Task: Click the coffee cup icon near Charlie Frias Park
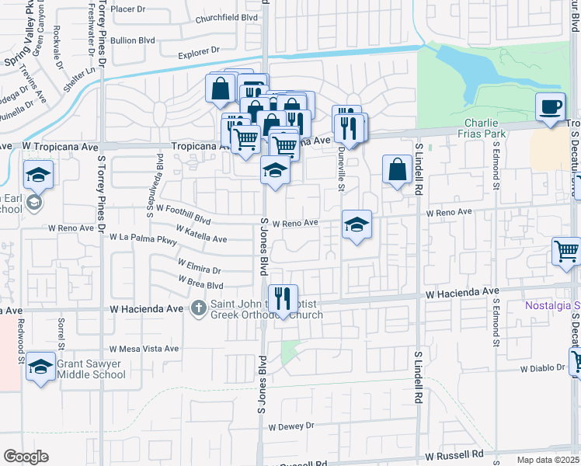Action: tap(550, 107)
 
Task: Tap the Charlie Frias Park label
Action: tap(485, 128)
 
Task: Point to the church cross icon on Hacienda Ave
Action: tap(199, 308)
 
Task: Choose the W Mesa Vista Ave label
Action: tap(144, 349)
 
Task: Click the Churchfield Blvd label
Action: tap(226, 18)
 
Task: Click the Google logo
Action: tap(26, 457)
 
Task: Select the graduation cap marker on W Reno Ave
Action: tap(357, 224)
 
